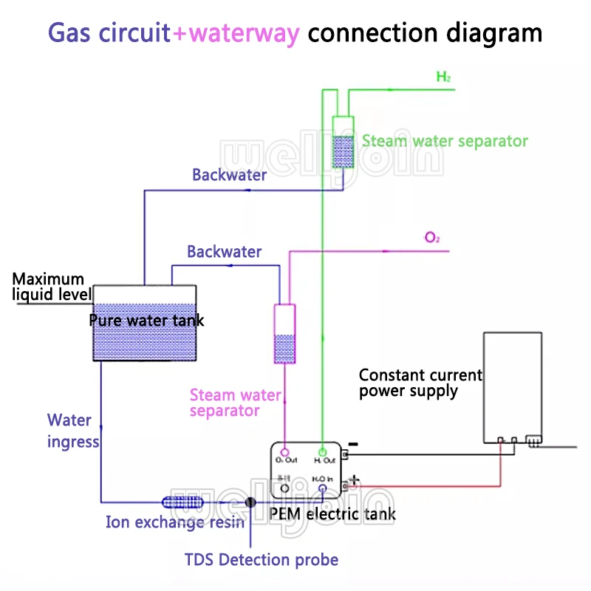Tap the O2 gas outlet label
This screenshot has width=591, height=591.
tap(432, 237)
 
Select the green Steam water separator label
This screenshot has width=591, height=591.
tap(445, 140)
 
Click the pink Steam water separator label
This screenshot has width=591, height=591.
tap(235, 403)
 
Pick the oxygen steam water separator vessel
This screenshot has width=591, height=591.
tap(284, 334)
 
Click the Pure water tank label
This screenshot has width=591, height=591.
tap(146, 321)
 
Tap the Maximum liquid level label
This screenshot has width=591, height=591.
tap(49, 287)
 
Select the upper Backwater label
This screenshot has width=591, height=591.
tap(230, 175)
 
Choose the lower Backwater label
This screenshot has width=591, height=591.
tap(224, 252)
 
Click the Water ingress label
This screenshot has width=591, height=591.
tap(72, 431)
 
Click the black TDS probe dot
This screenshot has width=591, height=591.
tap(250, 502)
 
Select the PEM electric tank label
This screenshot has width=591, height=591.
tap(332, 513)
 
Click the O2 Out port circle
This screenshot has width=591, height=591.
tap(284, 452)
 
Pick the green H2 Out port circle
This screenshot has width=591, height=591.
tap(322, 452)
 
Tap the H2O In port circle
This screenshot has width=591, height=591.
tap(322, 488)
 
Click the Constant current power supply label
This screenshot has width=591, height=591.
tap(420, 383)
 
